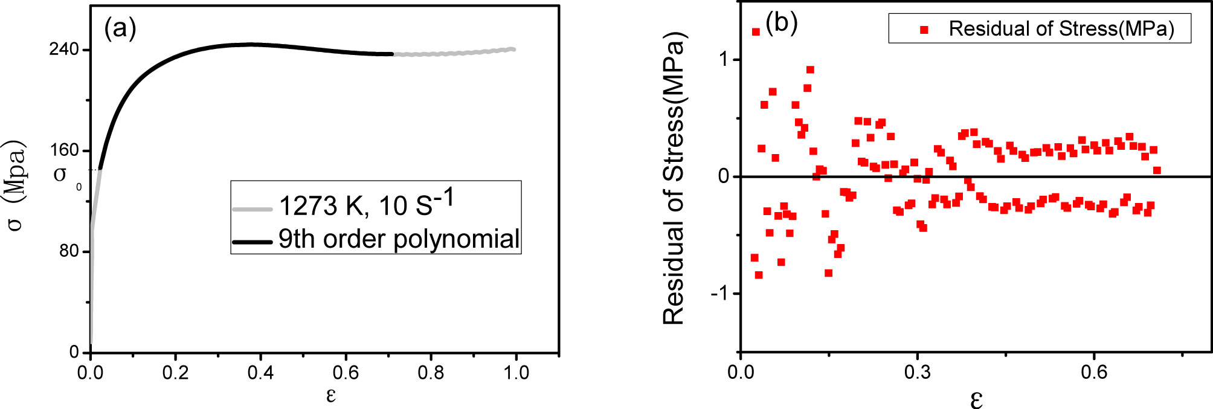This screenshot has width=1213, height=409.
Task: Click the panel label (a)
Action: (x=120, y=28)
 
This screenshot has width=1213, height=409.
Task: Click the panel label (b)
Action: (x=781, y=23)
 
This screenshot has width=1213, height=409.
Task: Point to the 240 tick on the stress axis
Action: (x=65, y=49)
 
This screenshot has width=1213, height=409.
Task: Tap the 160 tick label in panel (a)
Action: (x=65, y=150)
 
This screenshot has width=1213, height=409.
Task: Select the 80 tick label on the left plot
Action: (x=69, y=251)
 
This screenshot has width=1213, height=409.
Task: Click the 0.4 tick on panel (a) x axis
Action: (x=260, y=373)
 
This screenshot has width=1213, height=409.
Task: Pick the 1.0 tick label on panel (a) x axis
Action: (x=516, y=373)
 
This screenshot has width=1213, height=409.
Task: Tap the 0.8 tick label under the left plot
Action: (x=431, y=373)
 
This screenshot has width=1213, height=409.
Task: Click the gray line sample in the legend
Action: (x=252, y=209)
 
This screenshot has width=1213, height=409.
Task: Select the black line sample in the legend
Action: (x=252, y=242)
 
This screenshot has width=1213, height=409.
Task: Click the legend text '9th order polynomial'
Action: (x=399, y=239)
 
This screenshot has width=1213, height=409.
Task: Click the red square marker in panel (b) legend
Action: (x=924, y=30)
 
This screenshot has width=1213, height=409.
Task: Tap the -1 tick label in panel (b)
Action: (x=719, y=294)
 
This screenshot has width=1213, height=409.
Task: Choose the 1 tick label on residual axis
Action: (x=724, y=60)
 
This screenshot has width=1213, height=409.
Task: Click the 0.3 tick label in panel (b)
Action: (x=917, y=372)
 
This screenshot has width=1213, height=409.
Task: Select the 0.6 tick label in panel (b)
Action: (x=1094, y=372)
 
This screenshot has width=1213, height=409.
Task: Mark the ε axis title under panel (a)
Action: (x=330, y=395)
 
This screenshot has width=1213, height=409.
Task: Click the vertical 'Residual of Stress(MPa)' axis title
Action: (x=674, y=178)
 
